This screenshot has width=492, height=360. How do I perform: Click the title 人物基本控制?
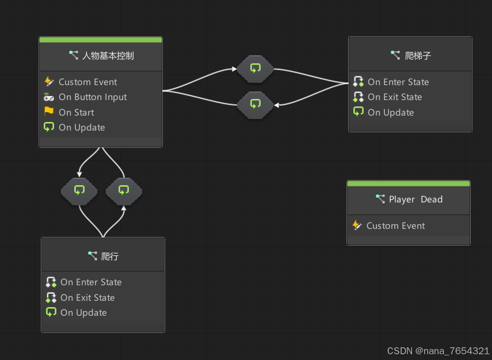(108, 56)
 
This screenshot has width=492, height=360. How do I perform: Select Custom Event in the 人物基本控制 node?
(87, 82)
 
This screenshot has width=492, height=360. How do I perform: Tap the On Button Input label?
(93, 97)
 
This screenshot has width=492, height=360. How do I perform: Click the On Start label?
(76, 113)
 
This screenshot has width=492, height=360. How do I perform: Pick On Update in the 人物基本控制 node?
(82, 128)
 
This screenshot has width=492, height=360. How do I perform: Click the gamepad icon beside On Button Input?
(49, 97)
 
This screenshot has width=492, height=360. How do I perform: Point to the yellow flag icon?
(49, 112)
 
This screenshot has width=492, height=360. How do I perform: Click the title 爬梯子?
(418, 56)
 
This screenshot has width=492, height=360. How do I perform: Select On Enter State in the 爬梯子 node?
(398, 82)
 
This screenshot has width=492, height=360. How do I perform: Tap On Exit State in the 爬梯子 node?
(395, 97)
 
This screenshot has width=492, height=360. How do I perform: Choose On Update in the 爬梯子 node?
(391, 113)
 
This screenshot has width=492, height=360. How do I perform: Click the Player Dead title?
(415, 200)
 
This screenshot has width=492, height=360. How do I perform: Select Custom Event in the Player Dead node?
(395, 226)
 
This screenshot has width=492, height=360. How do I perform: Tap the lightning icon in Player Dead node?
(357, 225)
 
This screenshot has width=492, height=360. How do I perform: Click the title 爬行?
(109, 256)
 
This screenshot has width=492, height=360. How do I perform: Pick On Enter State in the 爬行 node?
(91, 282)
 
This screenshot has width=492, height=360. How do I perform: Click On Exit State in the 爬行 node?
(87, 298)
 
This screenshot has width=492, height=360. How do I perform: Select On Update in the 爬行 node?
(83, 313)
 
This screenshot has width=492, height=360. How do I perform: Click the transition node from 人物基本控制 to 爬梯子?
(255, 69)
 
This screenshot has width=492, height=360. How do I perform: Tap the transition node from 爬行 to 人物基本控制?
(124, 191)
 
